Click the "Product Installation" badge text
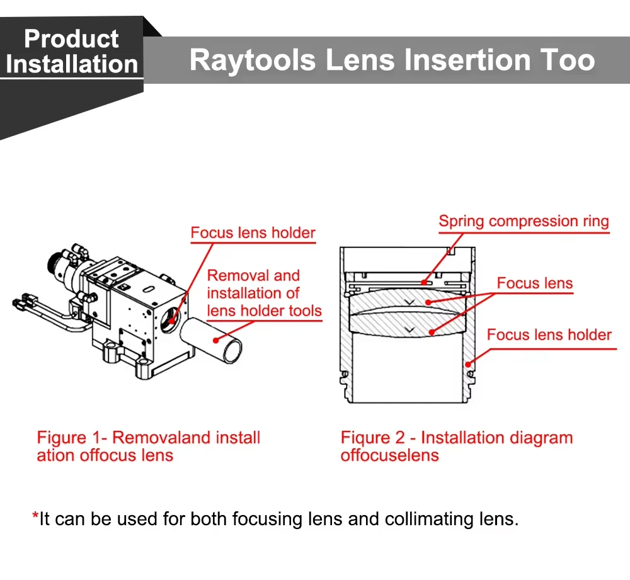pyautogui.click(x=71, y=52)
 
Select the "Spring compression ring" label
pyautogui.click(x=524, y=222)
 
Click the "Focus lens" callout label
pyautogui.click(x=534, y=283)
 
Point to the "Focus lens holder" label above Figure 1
pyautogui.click(x=253, y=233)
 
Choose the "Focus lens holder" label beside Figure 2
pyautogui.click(x=549, y=334)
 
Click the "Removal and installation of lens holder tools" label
pyautogui.click(x=264, y=293)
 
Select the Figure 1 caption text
pyautogui.click(x=148, y=446)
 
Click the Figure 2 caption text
pyautogui.click(x=456, y=446)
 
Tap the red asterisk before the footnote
pyautogui.click(x=35, y=517)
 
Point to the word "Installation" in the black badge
pyautogui.click(x=71, y=64)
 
